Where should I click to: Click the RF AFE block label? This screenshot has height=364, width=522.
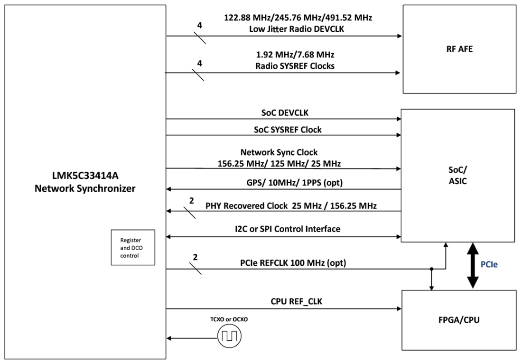(x=459, y=49)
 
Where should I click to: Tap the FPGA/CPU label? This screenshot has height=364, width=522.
(x=458, y=320)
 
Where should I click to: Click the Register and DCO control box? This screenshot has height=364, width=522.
(x=132, y=247)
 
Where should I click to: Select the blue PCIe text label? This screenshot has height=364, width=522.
(x=489, y=265)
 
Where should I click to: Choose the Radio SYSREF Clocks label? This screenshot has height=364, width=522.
(x=294, y=66)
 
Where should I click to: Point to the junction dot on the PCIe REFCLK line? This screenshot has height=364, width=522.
(x=431, y=269)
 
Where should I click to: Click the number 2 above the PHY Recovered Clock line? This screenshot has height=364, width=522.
(x=191, y=201)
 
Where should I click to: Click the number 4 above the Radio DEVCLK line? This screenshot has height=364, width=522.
(x=200, y=25)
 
